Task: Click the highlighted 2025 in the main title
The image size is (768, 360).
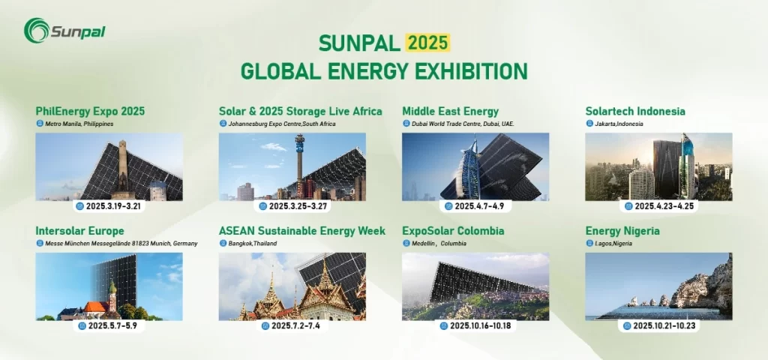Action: [428, 43]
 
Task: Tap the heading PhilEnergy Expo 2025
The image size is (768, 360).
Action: [90, 112]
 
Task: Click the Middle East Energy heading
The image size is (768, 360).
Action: [450, 112]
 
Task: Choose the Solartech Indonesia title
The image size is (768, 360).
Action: [634, 112]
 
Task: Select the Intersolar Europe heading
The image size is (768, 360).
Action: [79, 231]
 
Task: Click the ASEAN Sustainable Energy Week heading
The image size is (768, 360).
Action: [302, 231]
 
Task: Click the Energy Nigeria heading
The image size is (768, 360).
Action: [622, 231]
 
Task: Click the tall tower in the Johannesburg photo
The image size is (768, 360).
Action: [299, 161]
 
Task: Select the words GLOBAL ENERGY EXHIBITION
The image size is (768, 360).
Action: [384, 72]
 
